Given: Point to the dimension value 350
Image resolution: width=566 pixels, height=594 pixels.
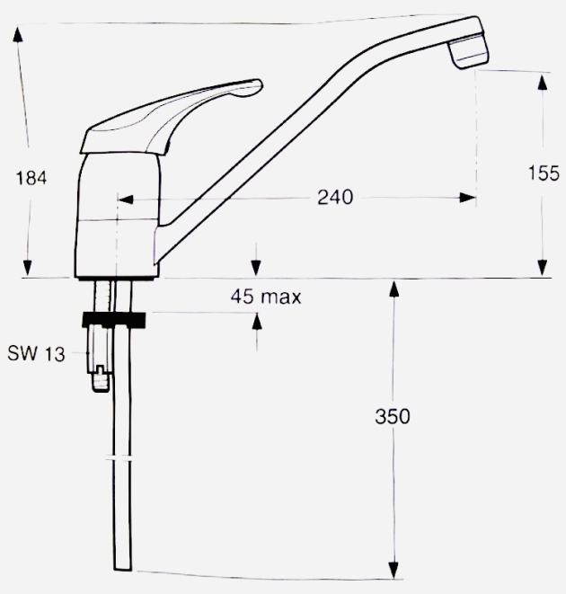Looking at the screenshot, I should [x=393, y=416].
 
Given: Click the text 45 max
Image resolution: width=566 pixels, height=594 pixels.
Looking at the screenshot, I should [x=265, y=296].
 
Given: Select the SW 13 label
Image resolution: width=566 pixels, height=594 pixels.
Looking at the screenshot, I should [x=36, y=354].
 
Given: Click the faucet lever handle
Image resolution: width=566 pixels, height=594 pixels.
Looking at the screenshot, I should [x=171, y=115].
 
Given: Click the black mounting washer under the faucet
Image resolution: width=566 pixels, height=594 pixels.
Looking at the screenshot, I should [x=115, y=317].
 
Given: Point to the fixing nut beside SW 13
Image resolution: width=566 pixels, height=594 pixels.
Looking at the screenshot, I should [x=99, y=355].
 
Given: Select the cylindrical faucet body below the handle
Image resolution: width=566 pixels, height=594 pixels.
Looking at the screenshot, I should [x=119, y=216].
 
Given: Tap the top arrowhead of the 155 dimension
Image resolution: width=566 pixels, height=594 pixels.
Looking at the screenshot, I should [x=542, y=81].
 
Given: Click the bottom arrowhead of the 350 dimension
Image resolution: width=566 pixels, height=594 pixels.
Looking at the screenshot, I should [x=394, y=570].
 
